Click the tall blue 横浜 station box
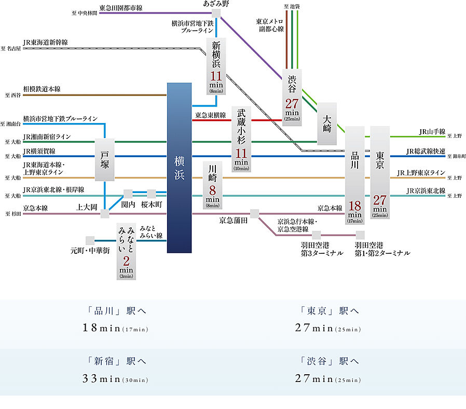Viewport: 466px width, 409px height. click(x=180, y=168)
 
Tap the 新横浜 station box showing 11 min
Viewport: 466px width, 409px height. click(x=216, y=66)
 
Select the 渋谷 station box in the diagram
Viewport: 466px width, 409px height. click(x=292, y=98)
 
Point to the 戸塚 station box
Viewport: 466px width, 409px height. click(x=104, y=159)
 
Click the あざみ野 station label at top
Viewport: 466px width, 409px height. click(x=216, y=4)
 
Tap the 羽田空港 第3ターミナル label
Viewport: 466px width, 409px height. click(x=322, y=249)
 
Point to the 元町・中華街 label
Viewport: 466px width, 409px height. click(x=90, y=250)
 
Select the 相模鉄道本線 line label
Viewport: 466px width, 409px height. click(x=42, y=89)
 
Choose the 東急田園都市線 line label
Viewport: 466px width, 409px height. click(x=120, y=8)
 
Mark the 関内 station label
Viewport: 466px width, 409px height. click(x=128, y=204)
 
